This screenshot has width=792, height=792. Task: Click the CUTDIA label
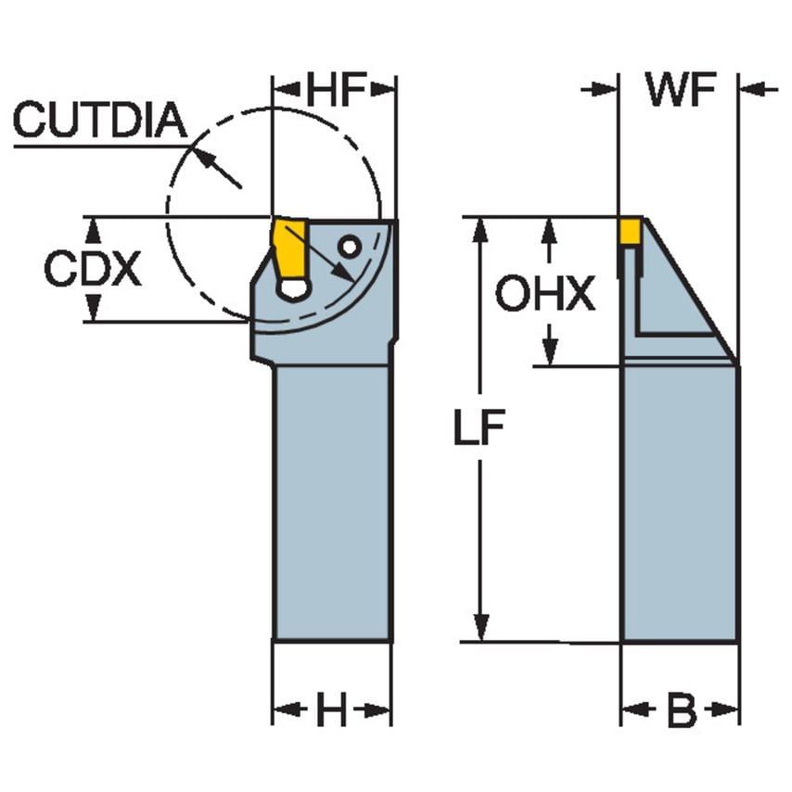[99, 121]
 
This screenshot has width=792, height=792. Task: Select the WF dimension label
[681, 91]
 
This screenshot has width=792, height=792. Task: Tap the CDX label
[93, 270]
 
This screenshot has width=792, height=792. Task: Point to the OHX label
[544, 295]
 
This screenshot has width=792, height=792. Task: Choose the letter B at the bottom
[682, 712]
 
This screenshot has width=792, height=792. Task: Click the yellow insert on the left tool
[290, 247]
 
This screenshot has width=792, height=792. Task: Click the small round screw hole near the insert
[349, 247]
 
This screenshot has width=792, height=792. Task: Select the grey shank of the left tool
[331, 501]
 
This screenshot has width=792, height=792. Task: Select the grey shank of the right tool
[680, 501]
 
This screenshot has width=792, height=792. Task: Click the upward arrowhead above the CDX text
[93, 228]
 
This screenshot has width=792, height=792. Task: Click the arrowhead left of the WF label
[608, 90]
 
